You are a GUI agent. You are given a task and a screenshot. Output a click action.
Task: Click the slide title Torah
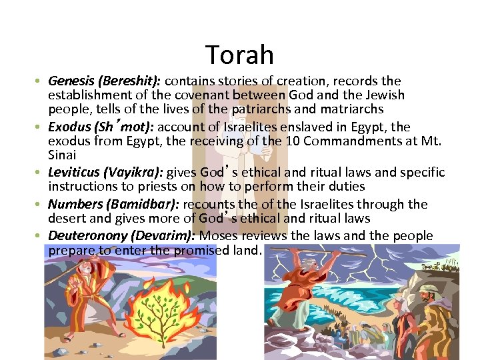point(239,55)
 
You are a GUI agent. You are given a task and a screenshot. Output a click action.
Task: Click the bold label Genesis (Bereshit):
point(105,81)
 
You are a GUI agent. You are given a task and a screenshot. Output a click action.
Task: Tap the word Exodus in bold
point(68,127)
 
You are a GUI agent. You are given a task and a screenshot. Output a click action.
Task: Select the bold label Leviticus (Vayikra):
point(106,173)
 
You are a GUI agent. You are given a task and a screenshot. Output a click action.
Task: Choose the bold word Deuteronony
point(89,236)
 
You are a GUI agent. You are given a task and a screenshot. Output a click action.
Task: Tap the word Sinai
point(62,155)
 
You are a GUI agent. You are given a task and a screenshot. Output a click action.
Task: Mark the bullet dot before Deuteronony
point(41,237)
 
